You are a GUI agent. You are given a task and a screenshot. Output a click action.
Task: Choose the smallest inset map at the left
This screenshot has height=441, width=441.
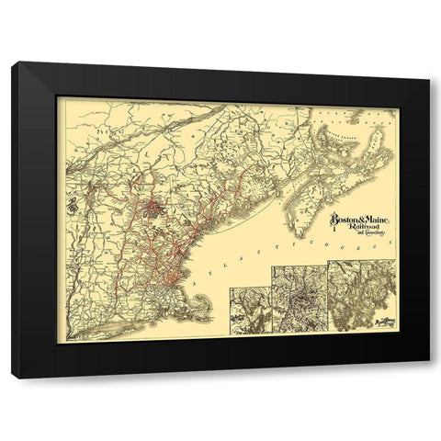click(x=249, y=312)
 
